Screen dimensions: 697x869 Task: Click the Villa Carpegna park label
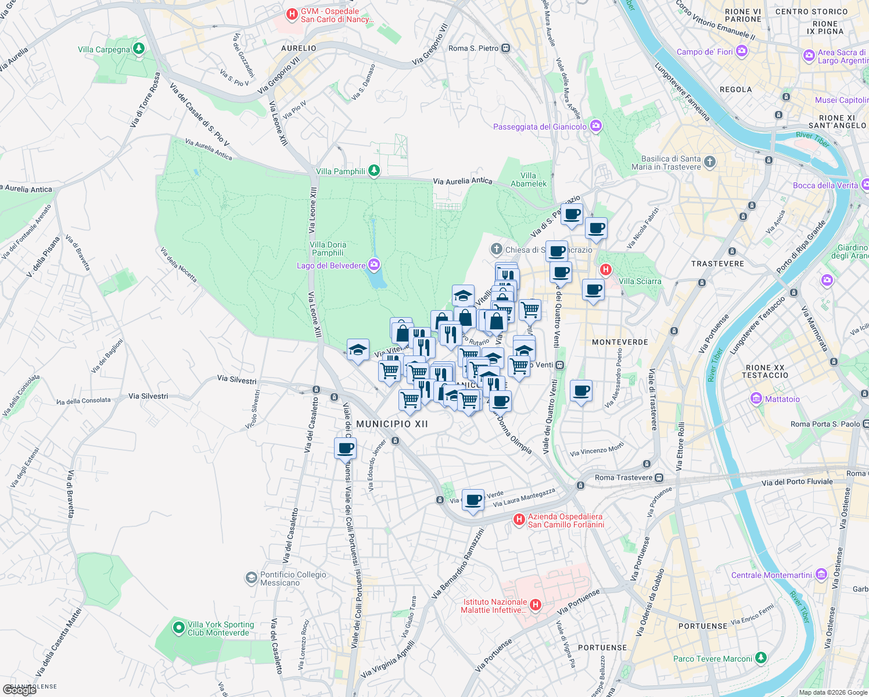104,49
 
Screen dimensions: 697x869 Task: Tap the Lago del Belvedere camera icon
374,265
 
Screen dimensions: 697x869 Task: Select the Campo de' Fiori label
705,52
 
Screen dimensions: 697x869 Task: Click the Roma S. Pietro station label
473,48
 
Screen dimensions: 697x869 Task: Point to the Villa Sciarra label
640,281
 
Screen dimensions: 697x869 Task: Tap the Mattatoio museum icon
756,398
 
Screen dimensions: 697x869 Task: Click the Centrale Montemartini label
771,575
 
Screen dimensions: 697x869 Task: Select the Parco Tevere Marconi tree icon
761,658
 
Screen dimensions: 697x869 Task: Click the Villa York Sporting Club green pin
179,628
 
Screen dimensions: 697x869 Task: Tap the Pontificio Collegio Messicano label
293,579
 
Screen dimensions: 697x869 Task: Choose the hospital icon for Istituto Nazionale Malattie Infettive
536,605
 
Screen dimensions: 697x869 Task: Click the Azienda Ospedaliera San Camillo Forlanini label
566,520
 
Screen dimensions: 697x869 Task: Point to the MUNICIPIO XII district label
392,424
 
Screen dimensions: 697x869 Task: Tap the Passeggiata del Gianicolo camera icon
595,126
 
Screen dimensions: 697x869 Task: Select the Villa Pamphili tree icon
374,171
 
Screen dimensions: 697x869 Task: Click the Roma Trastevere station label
623,477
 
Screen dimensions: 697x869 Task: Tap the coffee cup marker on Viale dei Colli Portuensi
345,449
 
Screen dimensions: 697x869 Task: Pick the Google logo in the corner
20,690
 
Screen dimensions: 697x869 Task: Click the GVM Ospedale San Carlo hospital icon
292,13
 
